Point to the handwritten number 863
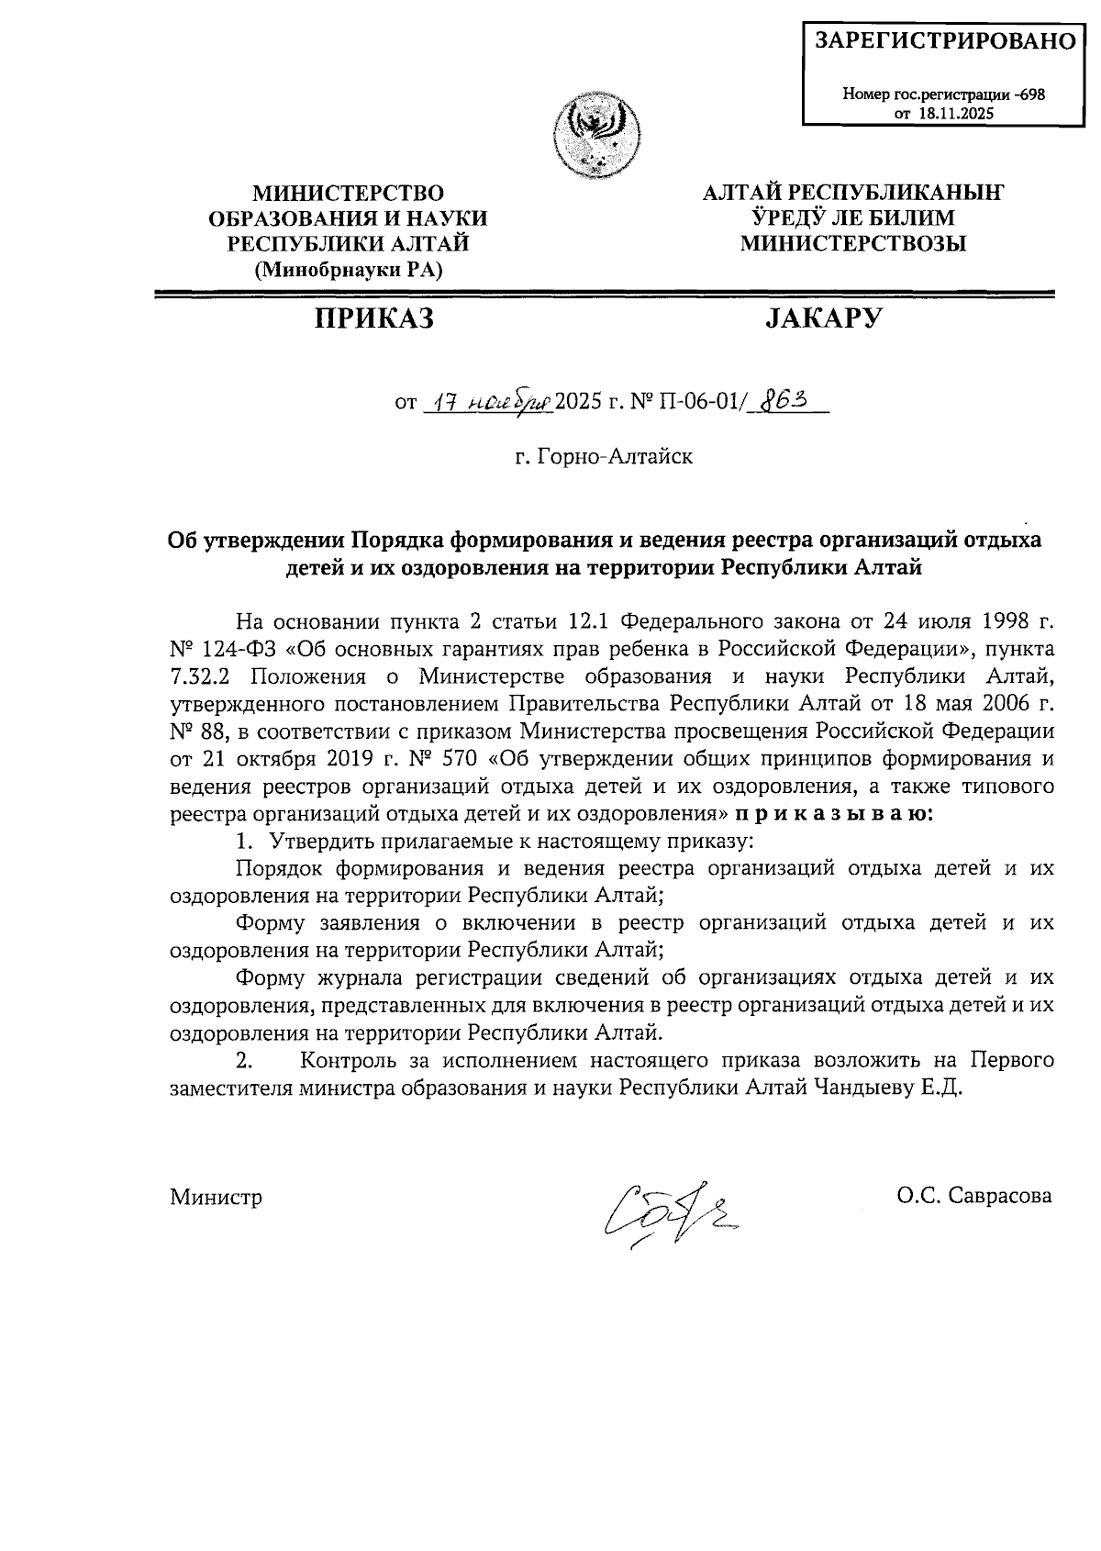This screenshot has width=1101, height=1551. click(x=781, y=401)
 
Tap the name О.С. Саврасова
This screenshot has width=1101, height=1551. click(x=976, y=1196)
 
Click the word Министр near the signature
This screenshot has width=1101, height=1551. click(x=217, y=1197)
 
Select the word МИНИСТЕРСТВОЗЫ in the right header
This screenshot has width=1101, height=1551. click(x=852, y=243)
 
